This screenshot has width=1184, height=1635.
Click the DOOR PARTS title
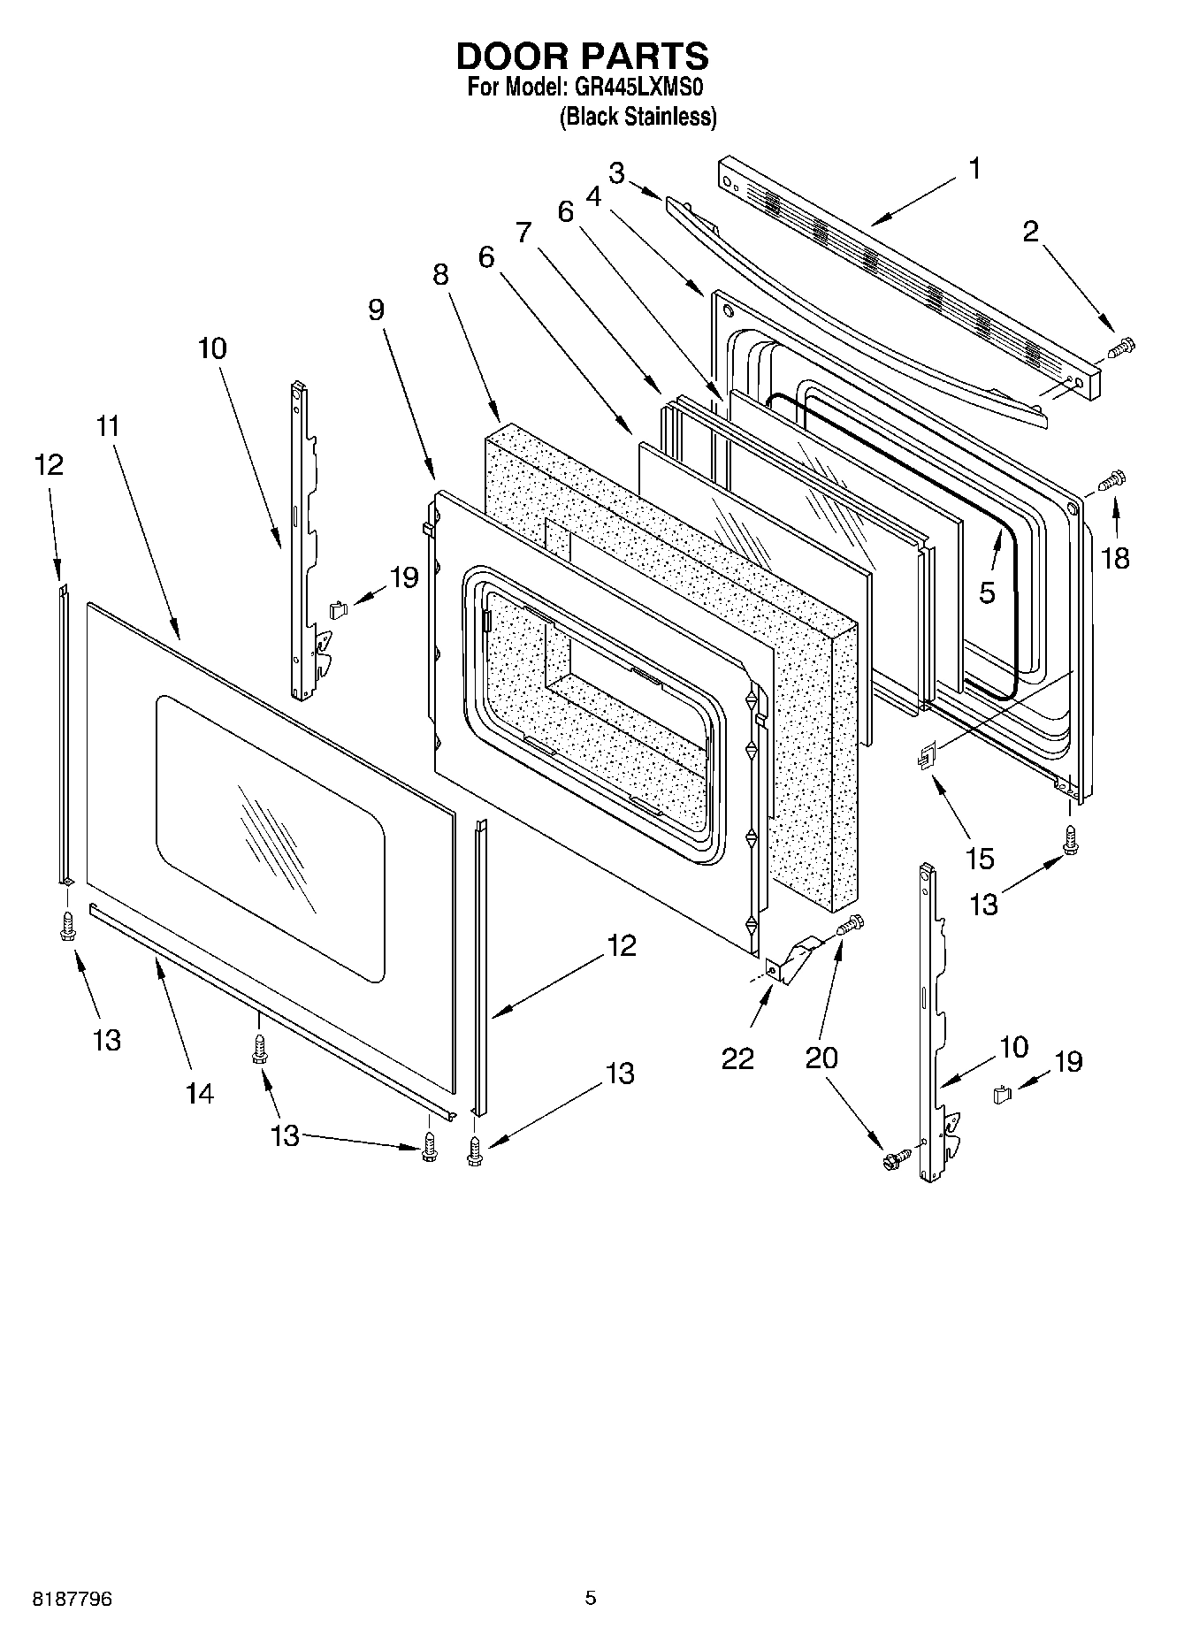(582, 56)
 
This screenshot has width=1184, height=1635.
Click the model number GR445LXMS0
(639, 88)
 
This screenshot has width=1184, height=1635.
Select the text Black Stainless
(638, 117)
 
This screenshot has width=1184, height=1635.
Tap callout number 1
(974, 168)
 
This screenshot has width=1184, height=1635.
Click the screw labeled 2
(1121, 348)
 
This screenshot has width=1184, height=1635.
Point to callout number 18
(1116, 558)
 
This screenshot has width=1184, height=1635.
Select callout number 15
(981, 858)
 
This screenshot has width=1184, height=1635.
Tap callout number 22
(737, 1058)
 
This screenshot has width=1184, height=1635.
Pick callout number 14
(200, 1093)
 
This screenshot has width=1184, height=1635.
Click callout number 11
(108, 426)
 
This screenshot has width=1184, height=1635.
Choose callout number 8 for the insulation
(440, 275)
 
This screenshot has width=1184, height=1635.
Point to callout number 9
(377, 309)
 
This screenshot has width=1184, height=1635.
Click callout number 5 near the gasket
(987, 592)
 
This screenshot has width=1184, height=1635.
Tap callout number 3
(616, 172)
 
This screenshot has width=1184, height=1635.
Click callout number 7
(524, 233)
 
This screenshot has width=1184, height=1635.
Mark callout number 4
(593, 196)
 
